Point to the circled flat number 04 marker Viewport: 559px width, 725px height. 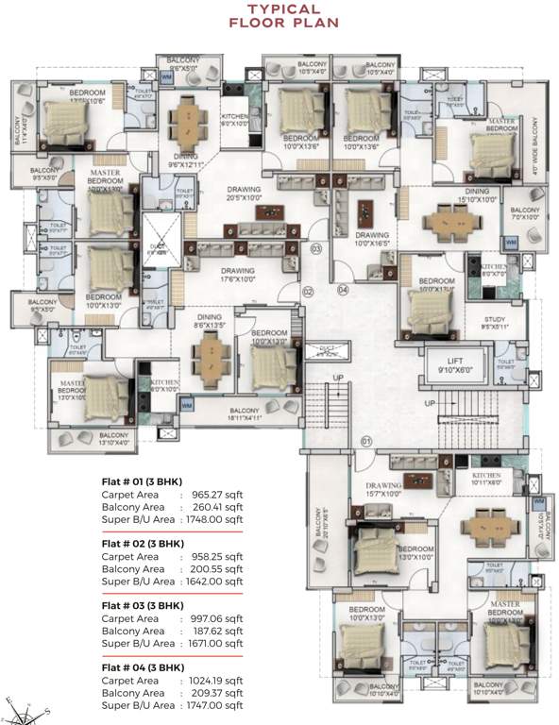tap(343, 290)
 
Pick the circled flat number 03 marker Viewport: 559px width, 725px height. tap(316, 249)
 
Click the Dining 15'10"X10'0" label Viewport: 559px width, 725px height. tap(450, 194)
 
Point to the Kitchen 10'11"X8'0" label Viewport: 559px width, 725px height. tap(486, 479)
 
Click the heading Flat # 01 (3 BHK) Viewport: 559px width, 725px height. tap(142, 481)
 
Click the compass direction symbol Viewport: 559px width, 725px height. tap(28, 702)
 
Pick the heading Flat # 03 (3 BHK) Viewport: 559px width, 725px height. tap(142, 605)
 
